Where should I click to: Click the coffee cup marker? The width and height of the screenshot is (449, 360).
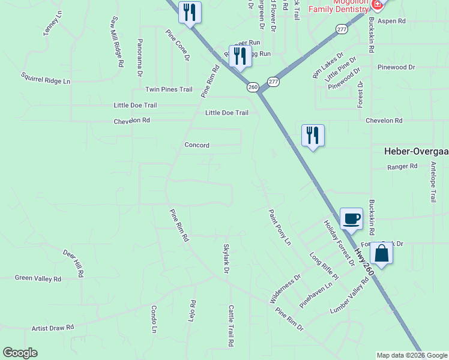(351, 219)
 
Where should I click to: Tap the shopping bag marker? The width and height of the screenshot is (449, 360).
(381, 253)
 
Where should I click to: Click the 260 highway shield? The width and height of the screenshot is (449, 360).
(253, 87)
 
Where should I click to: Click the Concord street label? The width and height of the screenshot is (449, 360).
(197, 145)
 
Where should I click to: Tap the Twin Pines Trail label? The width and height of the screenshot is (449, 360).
(169, 89)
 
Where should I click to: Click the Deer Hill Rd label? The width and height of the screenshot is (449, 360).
(73, 263)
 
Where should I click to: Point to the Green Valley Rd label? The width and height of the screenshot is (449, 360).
(38, 278)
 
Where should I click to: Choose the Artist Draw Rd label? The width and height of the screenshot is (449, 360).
(52, 328)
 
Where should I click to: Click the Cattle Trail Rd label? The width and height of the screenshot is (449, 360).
(230, 326)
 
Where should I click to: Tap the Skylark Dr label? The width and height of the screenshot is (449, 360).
(226, 259)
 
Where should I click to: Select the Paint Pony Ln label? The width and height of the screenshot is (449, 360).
(279, 227)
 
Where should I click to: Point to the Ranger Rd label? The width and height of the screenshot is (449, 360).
(402, 166)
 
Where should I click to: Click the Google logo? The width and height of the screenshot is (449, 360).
(20, 353)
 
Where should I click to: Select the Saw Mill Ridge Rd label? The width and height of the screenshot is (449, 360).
(116, 41)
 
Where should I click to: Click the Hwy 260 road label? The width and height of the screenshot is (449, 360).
(364, 262)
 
